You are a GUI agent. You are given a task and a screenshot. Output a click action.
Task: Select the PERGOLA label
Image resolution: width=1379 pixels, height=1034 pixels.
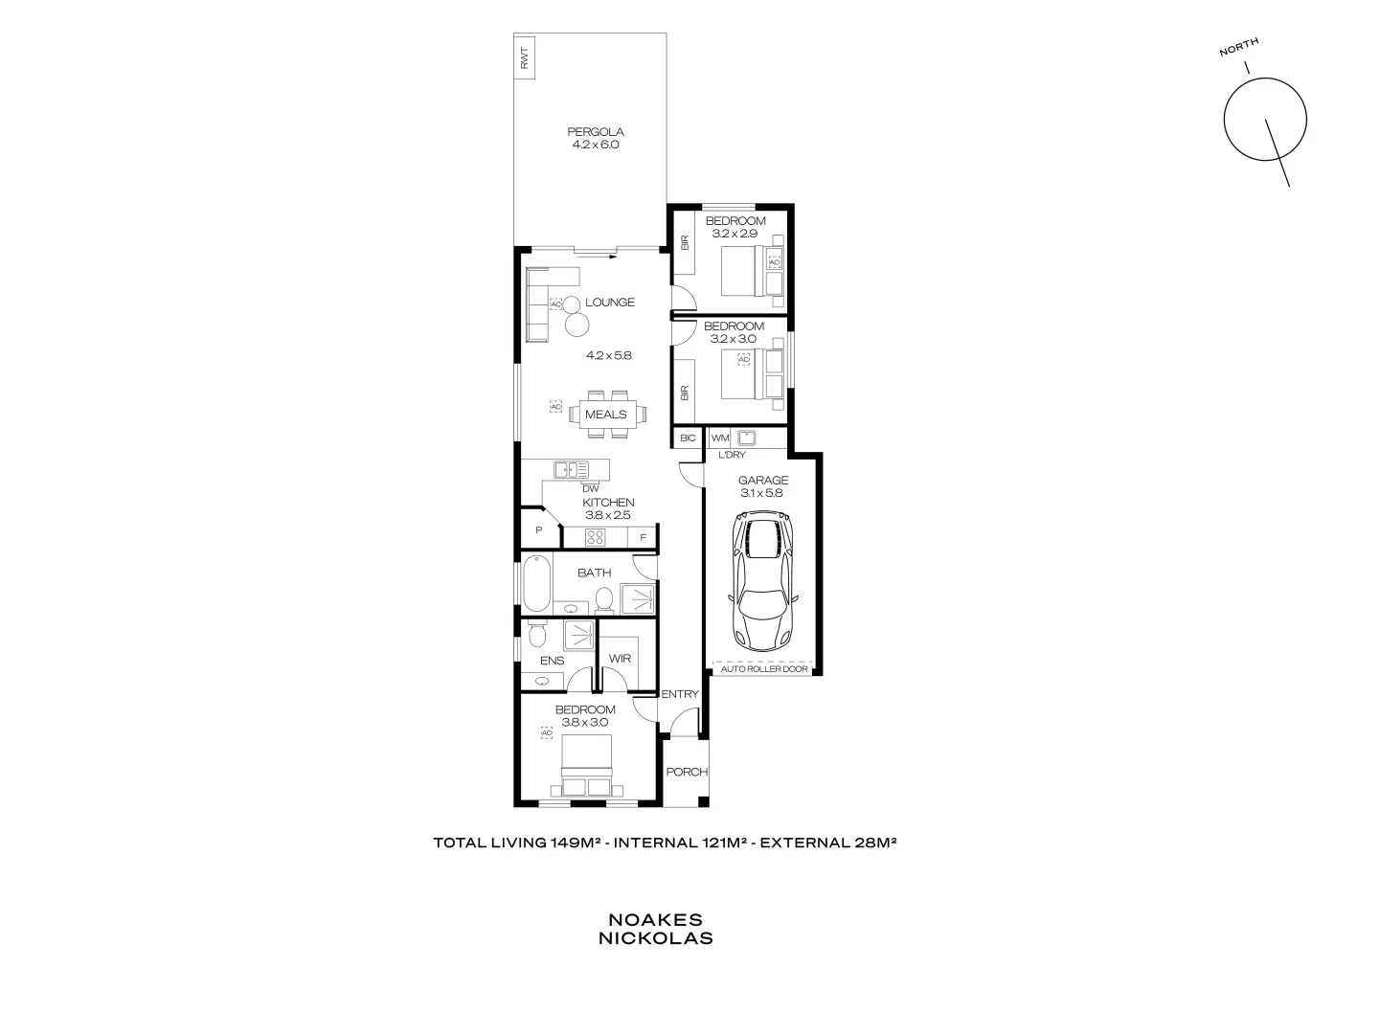click(596, 132)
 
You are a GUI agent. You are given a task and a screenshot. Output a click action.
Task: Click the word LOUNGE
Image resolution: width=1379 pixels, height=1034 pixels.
click(610, 303)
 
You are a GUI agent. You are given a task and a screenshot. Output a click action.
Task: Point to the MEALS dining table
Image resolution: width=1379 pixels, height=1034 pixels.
click(606, 415)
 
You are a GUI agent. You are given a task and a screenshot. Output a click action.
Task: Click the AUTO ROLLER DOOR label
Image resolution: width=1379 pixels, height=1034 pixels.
click(764, 669)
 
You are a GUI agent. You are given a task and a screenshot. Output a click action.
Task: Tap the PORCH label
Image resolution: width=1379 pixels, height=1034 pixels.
click(686, 773)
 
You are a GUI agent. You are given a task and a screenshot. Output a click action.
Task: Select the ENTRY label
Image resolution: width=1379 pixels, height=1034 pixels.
click(680, 695)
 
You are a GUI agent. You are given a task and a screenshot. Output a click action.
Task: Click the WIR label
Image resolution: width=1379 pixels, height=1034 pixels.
click(620, 659)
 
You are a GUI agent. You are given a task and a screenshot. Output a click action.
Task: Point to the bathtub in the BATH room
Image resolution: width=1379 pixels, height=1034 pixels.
click(537, 584)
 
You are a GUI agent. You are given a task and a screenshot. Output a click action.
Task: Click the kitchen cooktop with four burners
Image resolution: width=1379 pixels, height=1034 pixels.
click(597, 537)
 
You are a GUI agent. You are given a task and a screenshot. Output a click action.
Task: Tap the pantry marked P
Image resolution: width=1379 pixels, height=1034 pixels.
click(539, 530)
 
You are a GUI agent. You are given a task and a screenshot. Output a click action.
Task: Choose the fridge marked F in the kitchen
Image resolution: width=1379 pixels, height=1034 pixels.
click(644, 538)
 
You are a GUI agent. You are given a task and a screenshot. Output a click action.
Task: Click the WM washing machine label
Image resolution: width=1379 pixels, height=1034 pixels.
click(720, 438)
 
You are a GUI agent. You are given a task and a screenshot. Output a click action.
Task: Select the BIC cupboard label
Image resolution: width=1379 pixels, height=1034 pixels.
click(687, 438)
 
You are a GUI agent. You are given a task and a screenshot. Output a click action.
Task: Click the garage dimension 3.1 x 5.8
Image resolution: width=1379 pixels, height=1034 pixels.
click(763, 493)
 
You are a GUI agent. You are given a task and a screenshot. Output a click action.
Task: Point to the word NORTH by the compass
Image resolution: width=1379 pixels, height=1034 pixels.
click(1239, 47)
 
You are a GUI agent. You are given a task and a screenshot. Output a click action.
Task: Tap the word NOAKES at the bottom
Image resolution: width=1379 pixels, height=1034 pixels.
click(655, 920)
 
